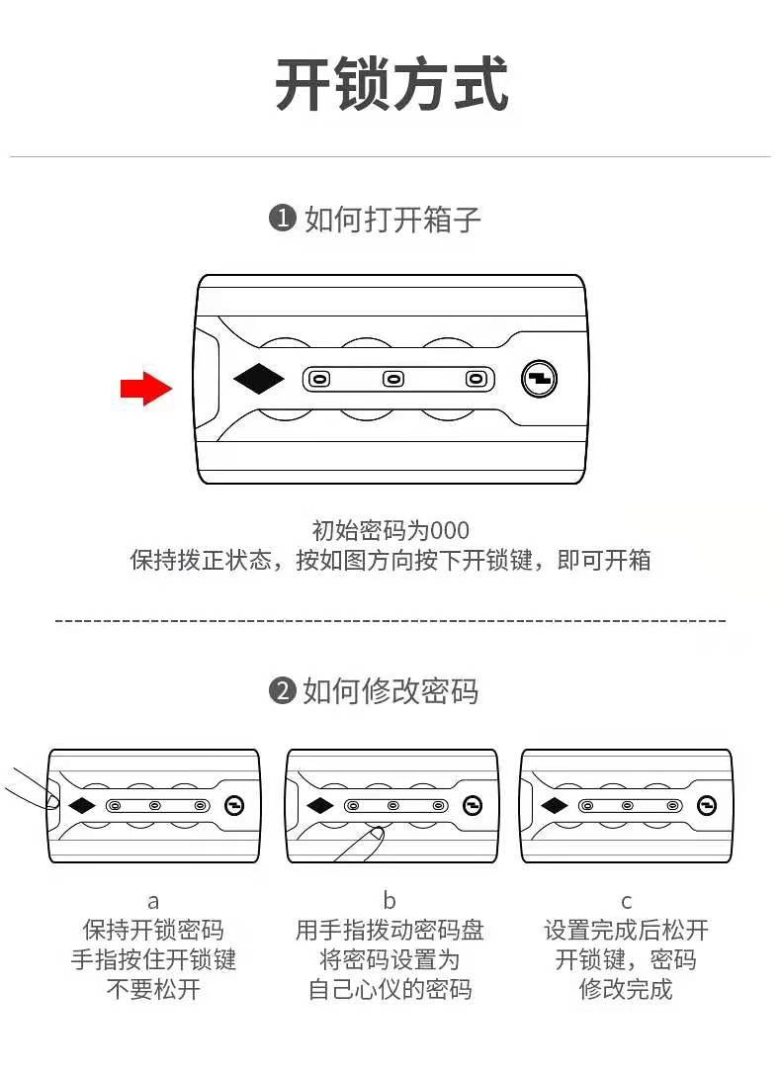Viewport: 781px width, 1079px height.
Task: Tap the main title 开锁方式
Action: click(x=390, y=86)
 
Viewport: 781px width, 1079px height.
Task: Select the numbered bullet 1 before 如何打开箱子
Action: click(x=283, y=219)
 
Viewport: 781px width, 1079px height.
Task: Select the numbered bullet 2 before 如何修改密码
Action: click(x=283, y=690)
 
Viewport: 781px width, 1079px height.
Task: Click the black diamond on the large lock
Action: click(x=258, y=379)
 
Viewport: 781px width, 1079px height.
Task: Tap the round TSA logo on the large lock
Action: click(x=539, y=379)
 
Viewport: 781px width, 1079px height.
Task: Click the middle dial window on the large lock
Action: click(x=393, y=379)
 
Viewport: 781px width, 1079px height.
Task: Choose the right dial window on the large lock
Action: click(x=477, y=379)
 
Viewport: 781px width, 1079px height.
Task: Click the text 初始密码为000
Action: click(x=390, y=530)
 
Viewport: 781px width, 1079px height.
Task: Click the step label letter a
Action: click(x=153, y=901)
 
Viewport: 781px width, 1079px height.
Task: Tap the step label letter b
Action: click(x=390, y=901)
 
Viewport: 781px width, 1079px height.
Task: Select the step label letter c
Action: click(x=626, y=901)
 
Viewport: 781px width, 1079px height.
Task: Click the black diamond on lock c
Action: click(x=554, y=805)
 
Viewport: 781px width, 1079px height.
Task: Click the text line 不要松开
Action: click(x=153, y=989)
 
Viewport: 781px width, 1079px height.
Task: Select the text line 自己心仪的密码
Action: click(x=390, y=989)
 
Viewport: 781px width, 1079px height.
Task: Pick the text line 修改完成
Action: click(x=625, y=989)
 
